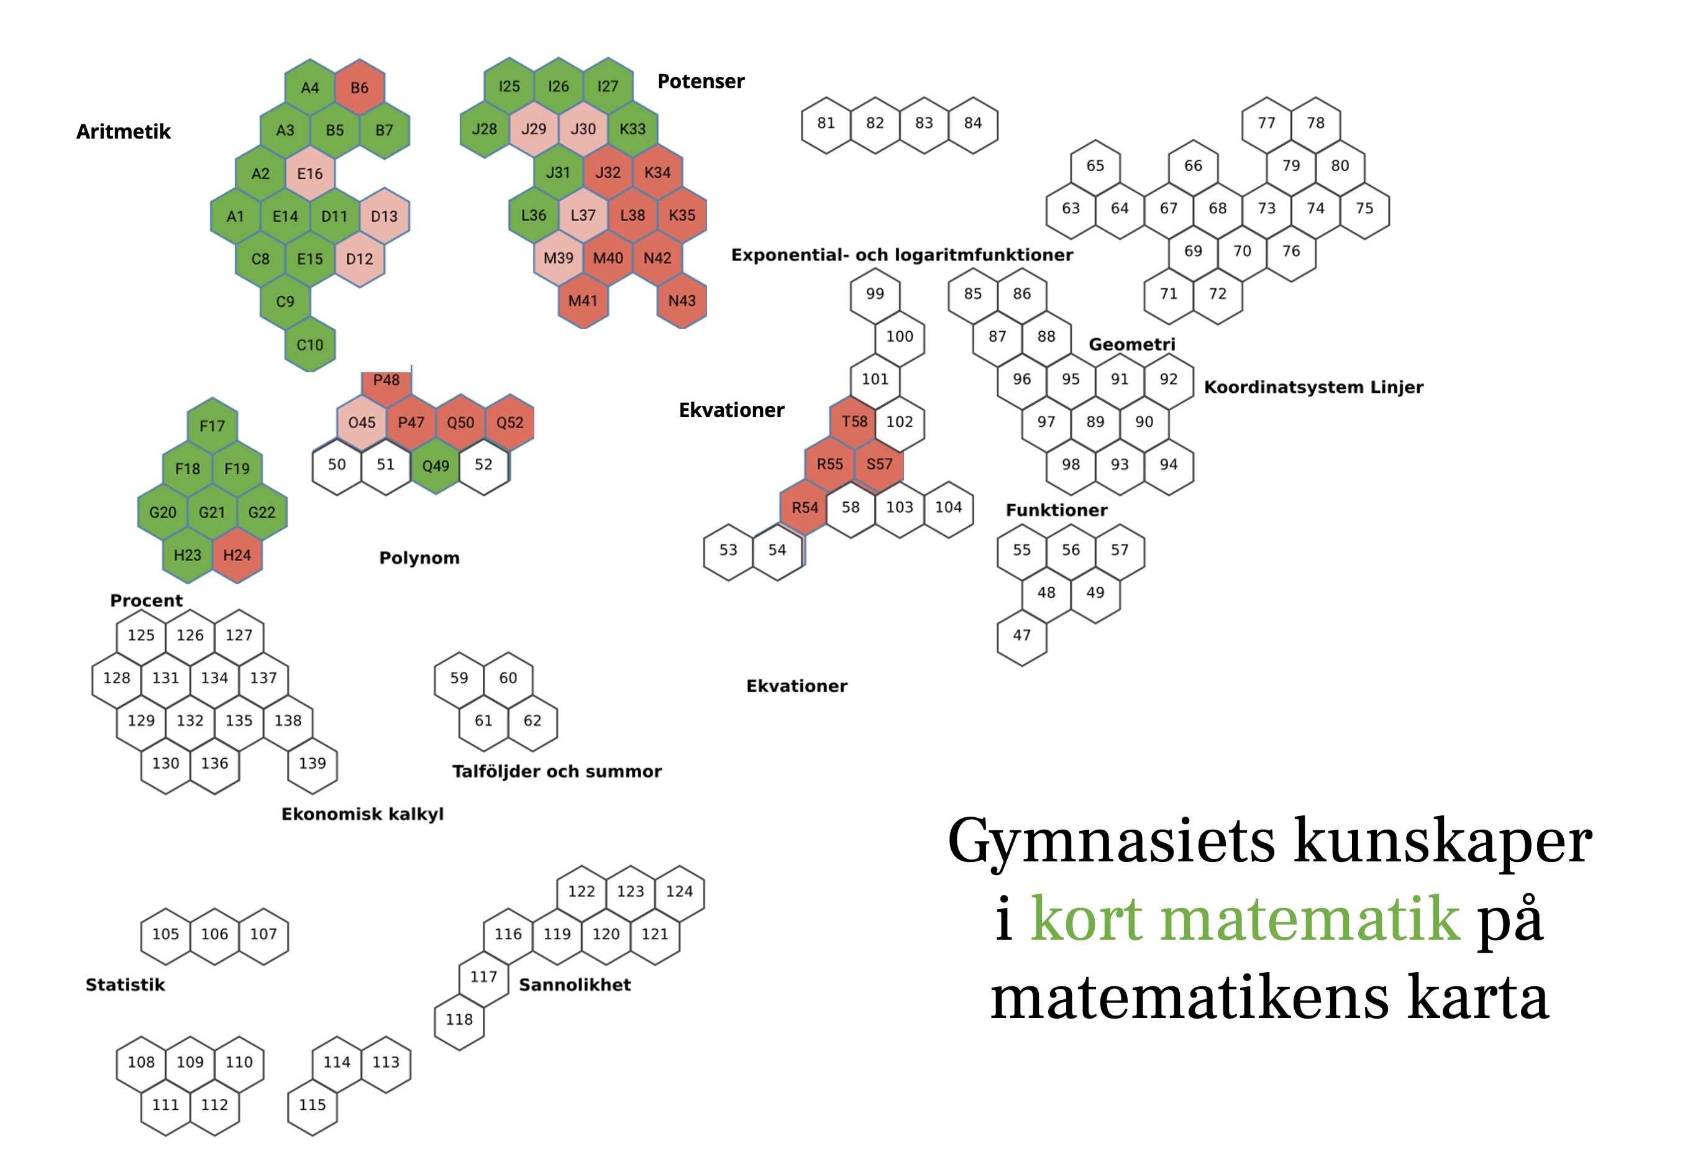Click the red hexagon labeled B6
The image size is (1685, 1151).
click(359, 88)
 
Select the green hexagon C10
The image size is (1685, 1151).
click(309, 344)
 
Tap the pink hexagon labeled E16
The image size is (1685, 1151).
click(309, 173)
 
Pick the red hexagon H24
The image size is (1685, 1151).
click(237, 555)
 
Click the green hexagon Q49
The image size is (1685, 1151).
click(435, 465)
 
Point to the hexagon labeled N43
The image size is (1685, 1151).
click(682, 300)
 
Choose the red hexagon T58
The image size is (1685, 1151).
click(854, 421)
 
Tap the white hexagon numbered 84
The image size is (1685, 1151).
click(972, 123)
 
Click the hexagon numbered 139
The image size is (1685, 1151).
click(313, 763)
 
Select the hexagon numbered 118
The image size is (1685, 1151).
click(459, 1019)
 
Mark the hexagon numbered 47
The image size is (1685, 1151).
click(1021, 635)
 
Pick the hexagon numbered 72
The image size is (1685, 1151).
click(1217, 294)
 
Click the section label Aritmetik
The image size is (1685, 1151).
click(123, 132)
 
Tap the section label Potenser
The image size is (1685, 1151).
click(700, 81)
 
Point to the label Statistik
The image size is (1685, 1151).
click(126, 985)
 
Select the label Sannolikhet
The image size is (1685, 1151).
click(574, 985)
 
